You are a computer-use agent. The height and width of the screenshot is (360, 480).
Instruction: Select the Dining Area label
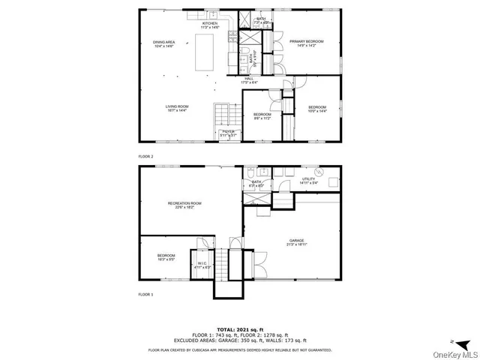pyautogui.click(x=163, y=44)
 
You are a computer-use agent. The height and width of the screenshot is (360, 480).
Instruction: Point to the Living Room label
pyautogui.click(x=177, y=109)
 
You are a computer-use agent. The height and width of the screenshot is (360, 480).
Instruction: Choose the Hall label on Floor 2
pyautogui.click(x=248, y=79)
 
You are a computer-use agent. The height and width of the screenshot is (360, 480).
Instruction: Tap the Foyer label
pyautogui.click(x=229, y=133)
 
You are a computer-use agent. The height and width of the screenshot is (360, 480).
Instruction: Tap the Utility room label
pyautogui.click(x=308, y=181)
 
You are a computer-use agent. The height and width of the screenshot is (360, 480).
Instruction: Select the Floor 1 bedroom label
pyautogui.click(x=166, y=258)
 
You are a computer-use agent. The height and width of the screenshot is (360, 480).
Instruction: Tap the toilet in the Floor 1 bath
pyautogui.click(x=250, y=174)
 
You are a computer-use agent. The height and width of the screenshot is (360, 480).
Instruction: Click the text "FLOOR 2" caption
pyautogui.click(x=145, y=156)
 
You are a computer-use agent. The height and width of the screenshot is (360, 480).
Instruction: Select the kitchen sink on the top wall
pyautogui.click(x=213, y=16)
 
